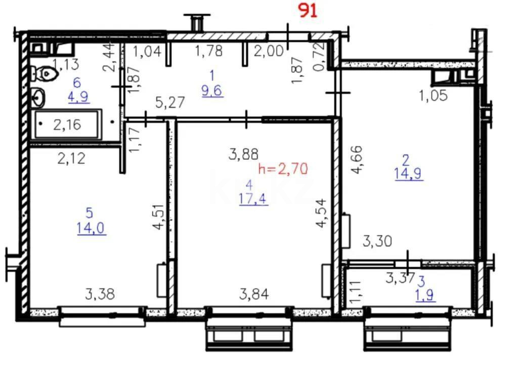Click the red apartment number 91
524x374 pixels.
tap(308, 11)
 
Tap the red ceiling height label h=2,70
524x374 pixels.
tap(283, 169)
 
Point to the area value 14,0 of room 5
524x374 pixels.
tap(91, 229)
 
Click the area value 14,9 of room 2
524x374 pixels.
tap(408, 174)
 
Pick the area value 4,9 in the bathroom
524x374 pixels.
tap(79, 97)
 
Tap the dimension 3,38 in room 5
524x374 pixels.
tap(100, 294)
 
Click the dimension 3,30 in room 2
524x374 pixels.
tap(377, 241)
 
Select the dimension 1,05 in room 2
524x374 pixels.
tap(433, 95)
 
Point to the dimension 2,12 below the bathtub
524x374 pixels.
tap(71, 159)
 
